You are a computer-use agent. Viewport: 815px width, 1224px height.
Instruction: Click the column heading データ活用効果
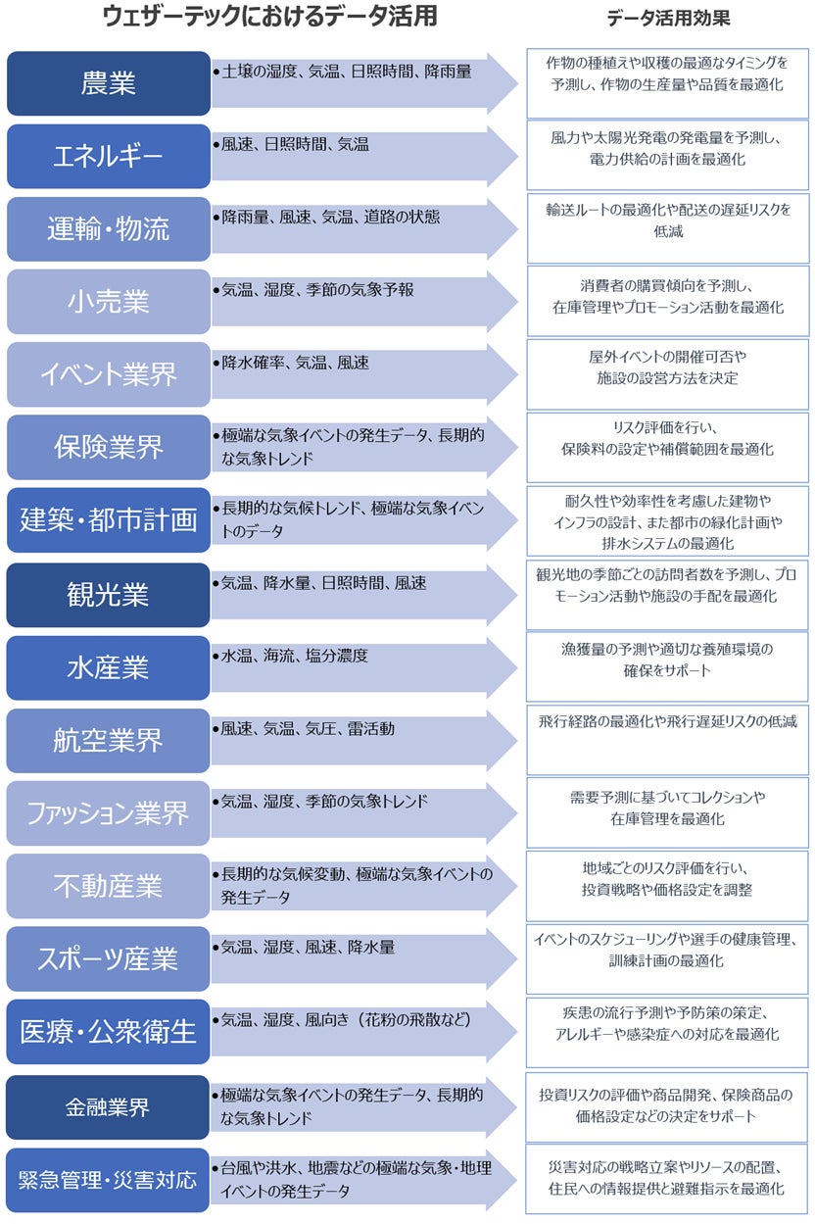(668, 19)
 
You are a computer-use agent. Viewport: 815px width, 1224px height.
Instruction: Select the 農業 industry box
(109, 83)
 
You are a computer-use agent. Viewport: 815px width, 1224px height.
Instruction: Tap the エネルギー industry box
(109, 156)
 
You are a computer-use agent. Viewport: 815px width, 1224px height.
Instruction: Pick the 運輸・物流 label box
(109, 228)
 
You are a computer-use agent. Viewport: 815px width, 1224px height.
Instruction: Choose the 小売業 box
(109, 301)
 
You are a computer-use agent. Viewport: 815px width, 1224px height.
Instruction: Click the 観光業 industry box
(109, 595)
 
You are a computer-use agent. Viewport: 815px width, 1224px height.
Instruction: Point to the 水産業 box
(109, 667)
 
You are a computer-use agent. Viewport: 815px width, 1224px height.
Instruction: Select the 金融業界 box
(109, 1107)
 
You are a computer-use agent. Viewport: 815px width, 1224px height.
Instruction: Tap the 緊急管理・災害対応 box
(109, 1180)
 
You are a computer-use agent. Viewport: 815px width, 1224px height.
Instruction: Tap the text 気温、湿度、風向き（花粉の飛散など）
(347, 1020)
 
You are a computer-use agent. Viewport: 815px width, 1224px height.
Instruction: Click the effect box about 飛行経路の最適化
(668, 741)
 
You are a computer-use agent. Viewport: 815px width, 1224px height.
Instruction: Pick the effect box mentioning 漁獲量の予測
(668, 667)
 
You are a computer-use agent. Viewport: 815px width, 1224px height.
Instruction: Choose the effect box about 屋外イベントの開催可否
(668, 374)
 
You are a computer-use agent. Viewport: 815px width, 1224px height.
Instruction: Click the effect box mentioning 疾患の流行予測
(668, 1032)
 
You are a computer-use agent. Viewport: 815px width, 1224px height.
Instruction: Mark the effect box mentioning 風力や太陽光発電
(668, 156)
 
